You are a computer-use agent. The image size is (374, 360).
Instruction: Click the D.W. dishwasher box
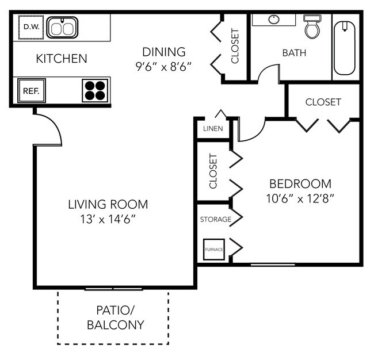[31, 27]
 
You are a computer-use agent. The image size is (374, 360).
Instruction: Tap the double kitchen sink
[62, 28]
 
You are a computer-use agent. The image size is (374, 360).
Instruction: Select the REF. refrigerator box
[31, 91]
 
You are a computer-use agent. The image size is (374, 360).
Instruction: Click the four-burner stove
[95, 91]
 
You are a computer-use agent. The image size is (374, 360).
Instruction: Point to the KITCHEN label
[62, 59]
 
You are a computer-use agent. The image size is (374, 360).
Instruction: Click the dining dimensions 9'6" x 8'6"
[163, 67]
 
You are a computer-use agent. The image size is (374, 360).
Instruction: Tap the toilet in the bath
[312, 26]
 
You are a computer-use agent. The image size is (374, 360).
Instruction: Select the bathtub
[345, 48]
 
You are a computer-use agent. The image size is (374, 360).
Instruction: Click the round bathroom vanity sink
[274, 20]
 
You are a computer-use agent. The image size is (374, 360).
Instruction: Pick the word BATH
[294, 53]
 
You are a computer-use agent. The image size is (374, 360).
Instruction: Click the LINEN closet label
[213, 129]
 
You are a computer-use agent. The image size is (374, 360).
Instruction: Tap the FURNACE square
[214, 250]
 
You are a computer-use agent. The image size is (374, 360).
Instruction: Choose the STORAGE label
[216, 219]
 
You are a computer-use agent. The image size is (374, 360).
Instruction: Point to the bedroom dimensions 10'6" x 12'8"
[300, 198]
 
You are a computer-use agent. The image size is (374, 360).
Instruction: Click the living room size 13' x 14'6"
[108, 219]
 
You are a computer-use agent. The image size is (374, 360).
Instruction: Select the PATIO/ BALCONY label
[116, 317]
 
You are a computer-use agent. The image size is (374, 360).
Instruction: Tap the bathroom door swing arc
[264, 69]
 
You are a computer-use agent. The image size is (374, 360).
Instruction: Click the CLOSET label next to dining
[235, 46]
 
